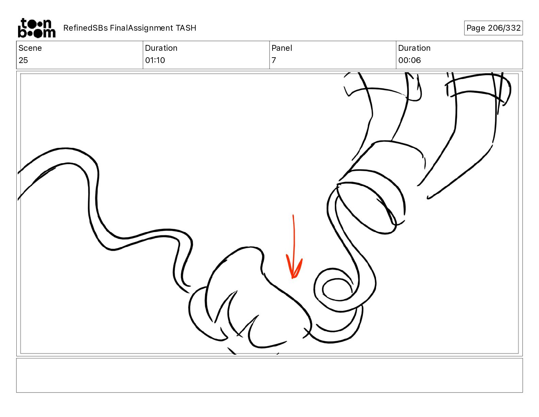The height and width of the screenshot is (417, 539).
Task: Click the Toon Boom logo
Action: tap(37, 28)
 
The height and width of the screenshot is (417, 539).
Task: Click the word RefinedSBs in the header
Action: tap(85, 28)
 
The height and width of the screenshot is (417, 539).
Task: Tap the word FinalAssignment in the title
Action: tap(141, 28)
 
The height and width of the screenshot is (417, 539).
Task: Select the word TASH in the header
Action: tap(186, 28)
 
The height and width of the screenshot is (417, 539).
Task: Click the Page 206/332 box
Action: tap(493, 28)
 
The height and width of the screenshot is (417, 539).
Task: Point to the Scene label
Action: tap(30, 48)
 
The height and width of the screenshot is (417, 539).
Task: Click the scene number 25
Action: tap(23, 60)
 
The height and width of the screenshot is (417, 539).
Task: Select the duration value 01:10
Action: tap(155, 60)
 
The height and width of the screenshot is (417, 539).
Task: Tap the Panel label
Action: tap(282, 48)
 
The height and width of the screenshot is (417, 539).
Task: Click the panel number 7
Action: tap(274, 60)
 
